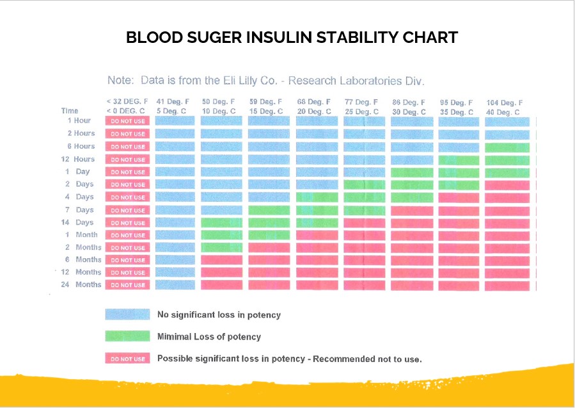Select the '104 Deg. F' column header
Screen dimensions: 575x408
505,103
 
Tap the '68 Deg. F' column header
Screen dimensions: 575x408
314,102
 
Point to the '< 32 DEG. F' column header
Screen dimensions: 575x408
127,101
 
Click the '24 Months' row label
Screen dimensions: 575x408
81,284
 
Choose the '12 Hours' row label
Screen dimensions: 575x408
78,159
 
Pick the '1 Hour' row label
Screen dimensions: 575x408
79,120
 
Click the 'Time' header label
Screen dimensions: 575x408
70,111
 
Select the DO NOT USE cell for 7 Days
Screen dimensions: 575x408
128,210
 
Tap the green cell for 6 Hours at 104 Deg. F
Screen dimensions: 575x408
507,147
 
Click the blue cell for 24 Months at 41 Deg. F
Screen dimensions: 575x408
175,284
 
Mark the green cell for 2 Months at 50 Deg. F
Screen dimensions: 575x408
221,247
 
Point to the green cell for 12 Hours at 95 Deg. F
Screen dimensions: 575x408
459,161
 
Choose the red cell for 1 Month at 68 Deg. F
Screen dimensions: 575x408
317,235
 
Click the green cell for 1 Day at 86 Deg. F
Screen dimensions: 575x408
412,172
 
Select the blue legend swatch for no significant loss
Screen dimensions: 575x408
128,314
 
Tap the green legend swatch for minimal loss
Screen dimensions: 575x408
128,336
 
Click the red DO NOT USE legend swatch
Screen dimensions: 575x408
128,359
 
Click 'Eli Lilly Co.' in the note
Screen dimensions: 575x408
251,81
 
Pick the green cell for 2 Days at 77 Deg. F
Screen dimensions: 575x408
365,184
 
